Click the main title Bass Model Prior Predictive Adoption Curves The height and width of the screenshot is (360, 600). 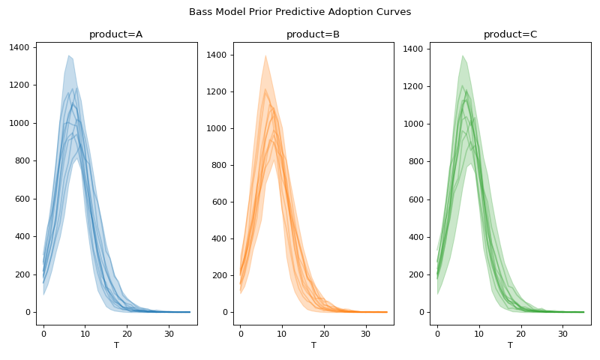[x=300, y=12]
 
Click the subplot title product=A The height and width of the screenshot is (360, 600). [x=116, y=34]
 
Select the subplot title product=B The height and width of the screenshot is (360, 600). [x=313, y=34]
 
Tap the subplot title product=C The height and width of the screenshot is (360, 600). [x=510, y=34]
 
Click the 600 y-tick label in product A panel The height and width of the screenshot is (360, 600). [x=21, y=199]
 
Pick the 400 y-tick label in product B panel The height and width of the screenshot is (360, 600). [x=218, y=238]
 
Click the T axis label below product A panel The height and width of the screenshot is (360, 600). [x=116, y=346]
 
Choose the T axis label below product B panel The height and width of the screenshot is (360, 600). [x=313, y=346]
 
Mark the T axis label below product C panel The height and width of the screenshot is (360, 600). [x=510, y=346]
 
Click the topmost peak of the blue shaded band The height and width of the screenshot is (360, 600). [x=68, y=55]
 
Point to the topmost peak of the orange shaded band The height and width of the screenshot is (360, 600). [x=265, y=55]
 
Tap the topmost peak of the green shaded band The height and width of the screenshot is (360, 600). [x=463, y=55]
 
